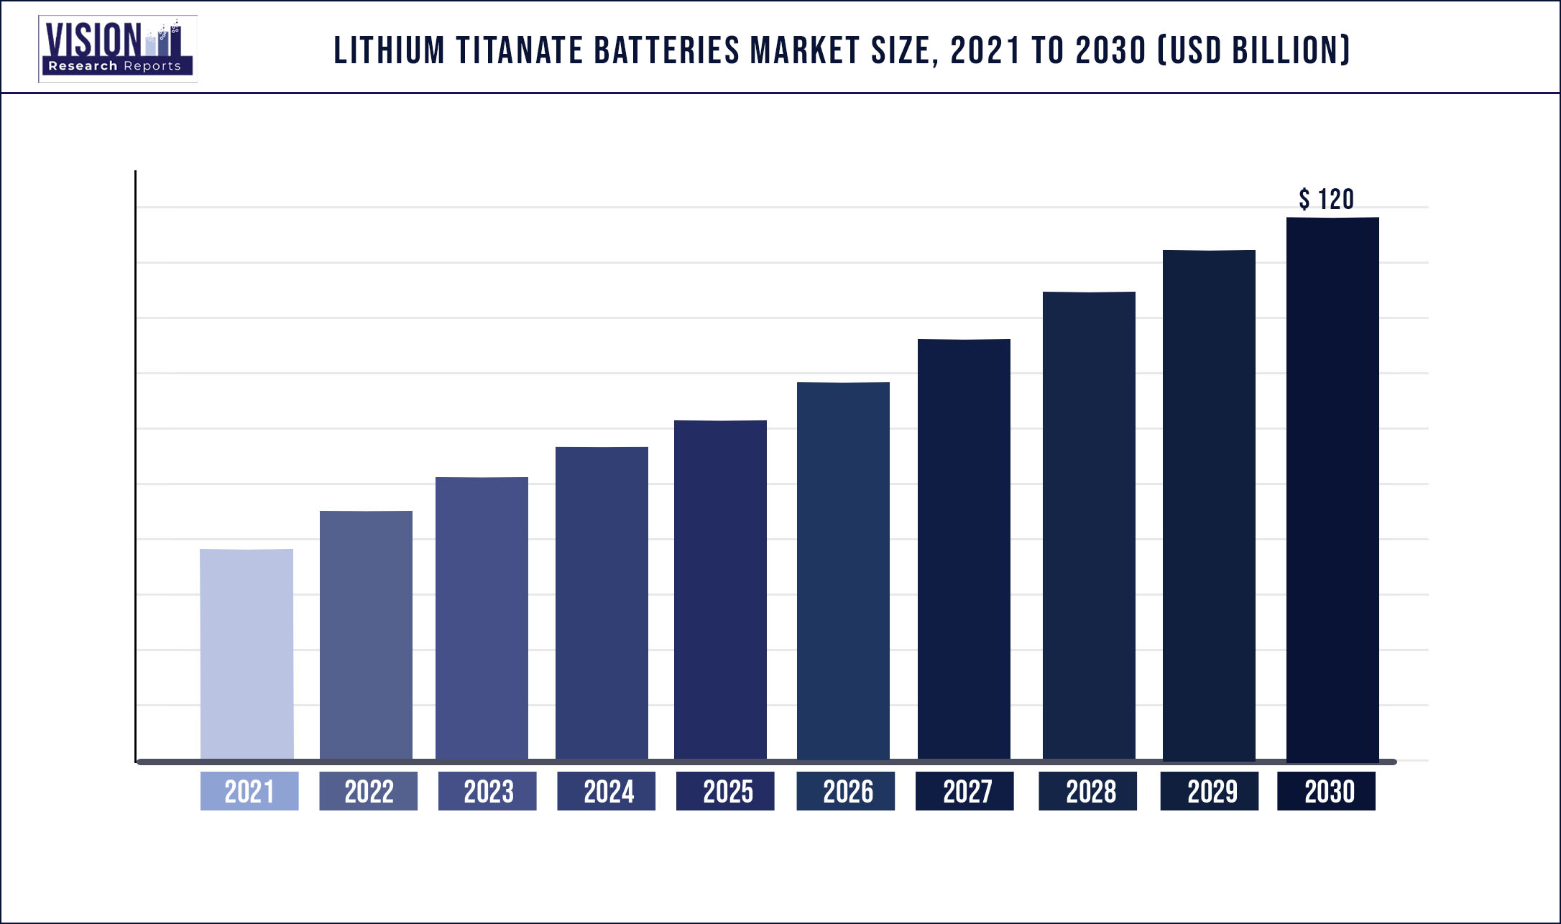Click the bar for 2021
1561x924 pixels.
[247, 654]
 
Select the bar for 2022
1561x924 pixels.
[366, 635]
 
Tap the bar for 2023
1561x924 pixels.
[482, 618]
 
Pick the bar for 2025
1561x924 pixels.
[720, 589]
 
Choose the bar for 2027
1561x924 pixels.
[964, 549]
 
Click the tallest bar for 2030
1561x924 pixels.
[1332, 489]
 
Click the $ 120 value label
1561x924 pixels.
[1326, 199]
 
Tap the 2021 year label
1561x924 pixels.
[249, 791]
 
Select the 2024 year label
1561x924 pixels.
[607, 791]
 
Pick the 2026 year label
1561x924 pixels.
[846, 791]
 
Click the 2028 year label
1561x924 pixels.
[1088, 791]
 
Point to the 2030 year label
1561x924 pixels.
[1327, 791]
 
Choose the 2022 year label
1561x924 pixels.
[369, 791]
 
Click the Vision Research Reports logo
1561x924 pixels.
[118, 48]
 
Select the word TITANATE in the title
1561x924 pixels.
[520, 51]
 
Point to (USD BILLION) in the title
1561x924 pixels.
[1255, 51]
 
